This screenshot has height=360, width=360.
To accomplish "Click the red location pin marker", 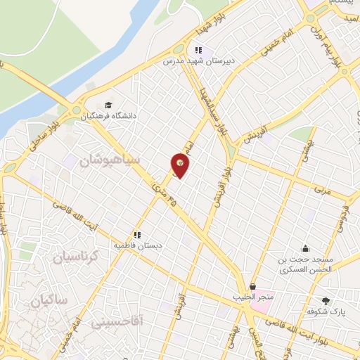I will coord(180,165).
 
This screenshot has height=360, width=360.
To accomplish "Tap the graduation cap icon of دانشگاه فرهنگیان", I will coord(108,105).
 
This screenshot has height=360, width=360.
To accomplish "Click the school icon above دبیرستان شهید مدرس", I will coord(198,50).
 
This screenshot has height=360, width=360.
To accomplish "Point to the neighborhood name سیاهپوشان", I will coord(110,159).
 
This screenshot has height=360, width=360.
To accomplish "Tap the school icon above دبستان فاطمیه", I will coord(138,235).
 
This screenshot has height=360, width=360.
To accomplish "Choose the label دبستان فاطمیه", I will coord(139,246).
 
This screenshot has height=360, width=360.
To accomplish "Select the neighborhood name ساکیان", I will coord(48,300).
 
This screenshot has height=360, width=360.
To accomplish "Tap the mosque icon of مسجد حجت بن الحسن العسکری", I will coord(305,248).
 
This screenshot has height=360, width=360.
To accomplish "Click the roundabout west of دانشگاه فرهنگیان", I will coord(75,109).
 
